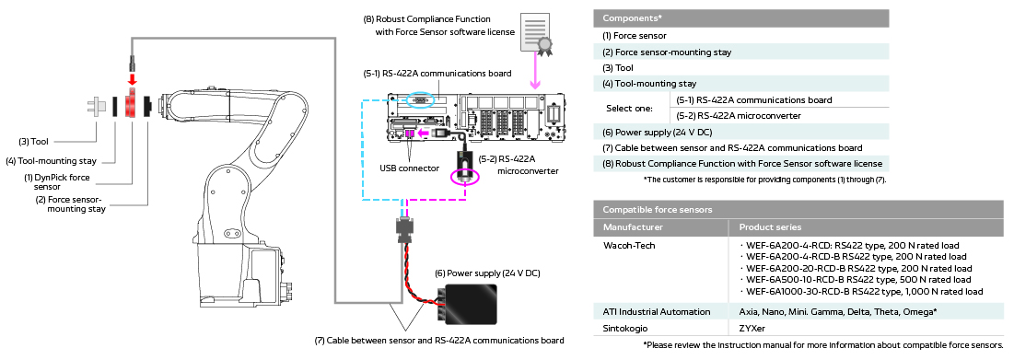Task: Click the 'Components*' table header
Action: point(633,18)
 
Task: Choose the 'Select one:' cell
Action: point(629,108)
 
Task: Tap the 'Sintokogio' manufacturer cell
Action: point(626,327)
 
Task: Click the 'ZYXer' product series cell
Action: point(752,327)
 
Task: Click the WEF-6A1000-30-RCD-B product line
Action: point(863,291)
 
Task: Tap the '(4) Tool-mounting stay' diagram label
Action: point(58,160)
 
